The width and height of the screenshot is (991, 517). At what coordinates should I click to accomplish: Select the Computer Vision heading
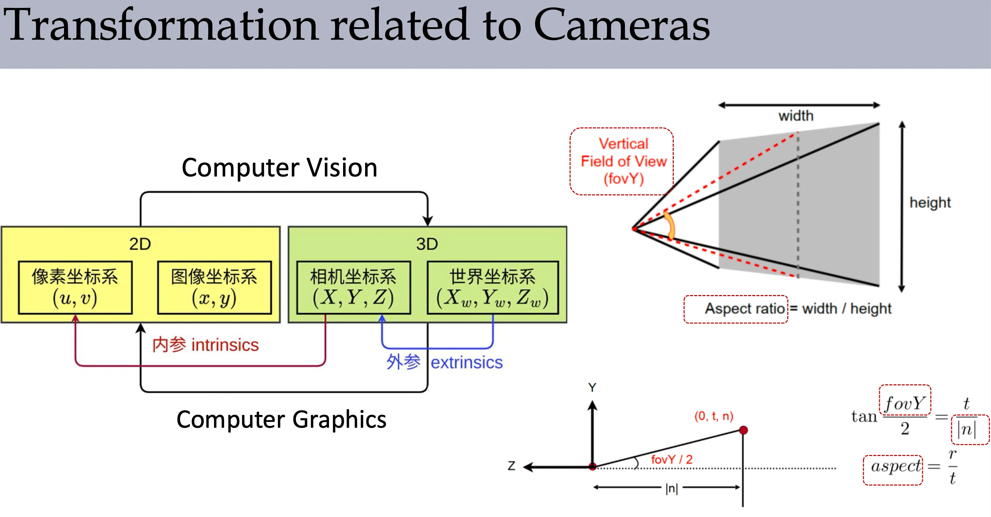coord(279,168)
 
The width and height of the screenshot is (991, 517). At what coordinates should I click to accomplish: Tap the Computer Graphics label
coord(281,419)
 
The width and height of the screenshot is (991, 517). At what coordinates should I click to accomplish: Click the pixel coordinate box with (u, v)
coord(75,287)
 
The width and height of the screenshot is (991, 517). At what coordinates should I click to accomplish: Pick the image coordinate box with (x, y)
coord(214,287)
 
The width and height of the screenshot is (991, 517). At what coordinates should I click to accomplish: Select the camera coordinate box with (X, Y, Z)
coord(353,287)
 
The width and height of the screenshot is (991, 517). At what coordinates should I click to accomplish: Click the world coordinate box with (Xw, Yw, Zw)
coord(492,287)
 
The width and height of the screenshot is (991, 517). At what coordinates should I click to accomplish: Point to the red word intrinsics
coord(225,345)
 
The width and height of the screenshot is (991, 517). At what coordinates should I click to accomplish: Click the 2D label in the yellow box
coord(140,244)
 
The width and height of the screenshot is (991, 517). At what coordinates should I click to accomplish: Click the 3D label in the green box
coord(427,244)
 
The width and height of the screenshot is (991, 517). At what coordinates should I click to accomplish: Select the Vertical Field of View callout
coord(623,161)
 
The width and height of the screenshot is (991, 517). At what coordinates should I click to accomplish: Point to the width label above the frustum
coord(796,116)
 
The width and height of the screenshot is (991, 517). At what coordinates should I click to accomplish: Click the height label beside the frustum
coord(929,203)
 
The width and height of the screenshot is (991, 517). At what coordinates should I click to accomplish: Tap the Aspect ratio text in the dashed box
coord(744,309)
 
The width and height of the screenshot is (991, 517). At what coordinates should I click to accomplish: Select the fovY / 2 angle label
coord(671,459)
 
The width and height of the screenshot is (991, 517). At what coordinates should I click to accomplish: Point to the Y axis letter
coord(592,387)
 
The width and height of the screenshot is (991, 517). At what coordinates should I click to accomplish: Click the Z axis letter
coord(511,466)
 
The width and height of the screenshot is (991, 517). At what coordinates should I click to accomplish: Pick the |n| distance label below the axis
coord(671,488)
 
